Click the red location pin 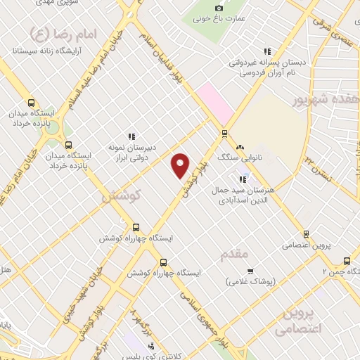181,165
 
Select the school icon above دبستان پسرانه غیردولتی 266,51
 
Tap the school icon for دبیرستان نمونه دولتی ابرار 131,136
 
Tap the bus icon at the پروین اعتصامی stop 306,234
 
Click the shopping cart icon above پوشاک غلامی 250,271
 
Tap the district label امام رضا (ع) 41,32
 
